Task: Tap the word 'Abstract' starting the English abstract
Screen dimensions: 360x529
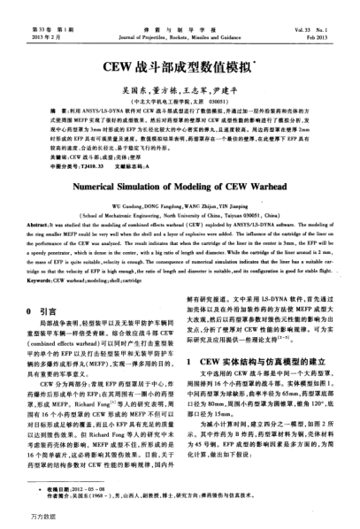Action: click(42, 224)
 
